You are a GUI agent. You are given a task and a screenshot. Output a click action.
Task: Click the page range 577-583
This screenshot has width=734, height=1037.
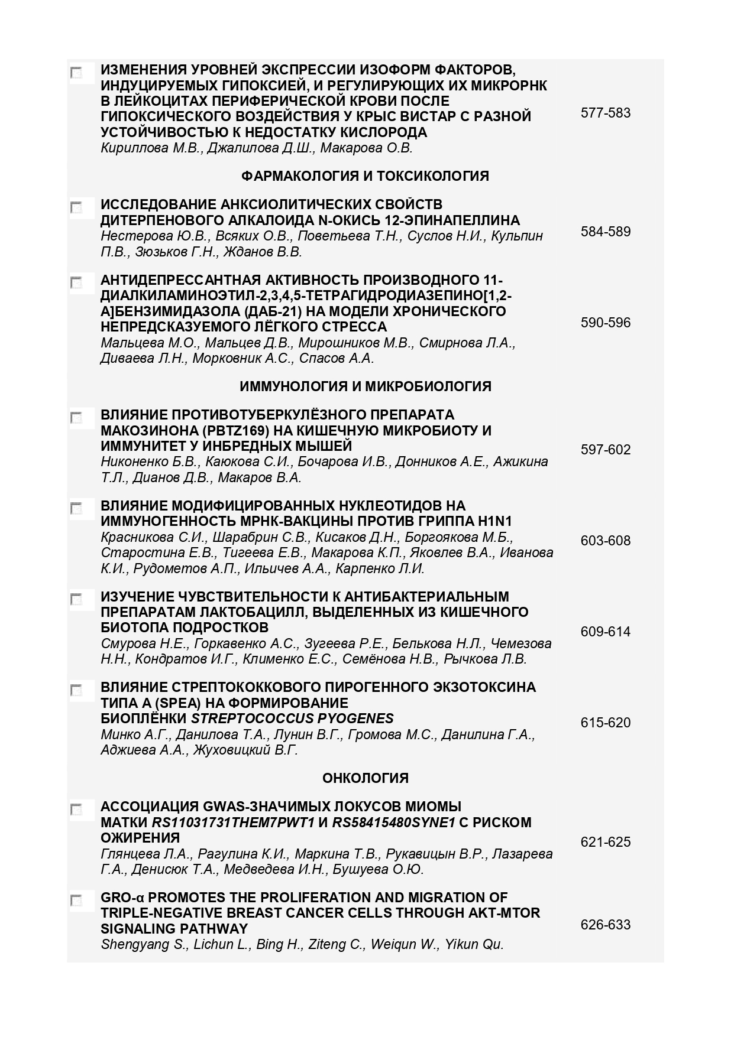point(605,113)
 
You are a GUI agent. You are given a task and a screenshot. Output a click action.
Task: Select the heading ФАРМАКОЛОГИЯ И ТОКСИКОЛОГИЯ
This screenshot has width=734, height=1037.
point(365,176)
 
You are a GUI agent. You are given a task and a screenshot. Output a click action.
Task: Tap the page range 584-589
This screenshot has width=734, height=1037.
point(605,232)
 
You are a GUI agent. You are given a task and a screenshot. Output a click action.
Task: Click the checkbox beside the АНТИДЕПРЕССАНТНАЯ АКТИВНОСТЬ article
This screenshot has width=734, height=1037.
point(76,282)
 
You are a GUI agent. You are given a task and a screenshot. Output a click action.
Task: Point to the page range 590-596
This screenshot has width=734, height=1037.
point(605,323)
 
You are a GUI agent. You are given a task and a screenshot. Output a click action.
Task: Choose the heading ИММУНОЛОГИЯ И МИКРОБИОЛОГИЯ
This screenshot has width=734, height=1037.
point(365,386)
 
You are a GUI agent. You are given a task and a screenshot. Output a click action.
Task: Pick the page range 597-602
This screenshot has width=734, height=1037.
point(605,450)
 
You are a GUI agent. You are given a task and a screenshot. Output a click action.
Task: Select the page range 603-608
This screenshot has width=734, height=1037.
point(605,541)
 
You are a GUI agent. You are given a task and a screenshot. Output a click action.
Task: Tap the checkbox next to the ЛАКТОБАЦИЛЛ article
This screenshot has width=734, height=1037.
point(76,599)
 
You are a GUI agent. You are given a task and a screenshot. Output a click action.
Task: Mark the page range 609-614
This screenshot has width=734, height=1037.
point(605,632)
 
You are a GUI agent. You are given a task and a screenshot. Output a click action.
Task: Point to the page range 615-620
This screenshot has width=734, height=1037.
point(605,723)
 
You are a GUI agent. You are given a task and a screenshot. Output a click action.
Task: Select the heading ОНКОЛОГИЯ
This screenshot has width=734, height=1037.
point(365,778)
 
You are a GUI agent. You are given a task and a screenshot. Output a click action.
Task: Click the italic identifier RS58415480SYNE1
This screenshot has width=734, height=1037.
point(393,823)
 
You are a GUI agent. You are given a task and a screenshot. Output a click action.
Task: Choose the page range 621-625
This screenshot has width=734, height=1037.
point(605,842)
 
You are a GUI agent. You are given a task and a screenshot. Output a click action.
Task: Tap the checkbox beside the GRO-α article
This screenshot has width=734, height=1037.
point(76,901)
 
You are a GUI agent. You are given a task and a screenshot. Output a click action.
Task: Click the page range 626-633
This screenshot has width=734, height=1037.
point(605,925)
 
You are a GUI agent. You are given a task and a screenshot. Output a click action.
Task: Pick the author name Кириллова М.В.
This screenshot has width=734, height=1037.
point(151,148)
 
